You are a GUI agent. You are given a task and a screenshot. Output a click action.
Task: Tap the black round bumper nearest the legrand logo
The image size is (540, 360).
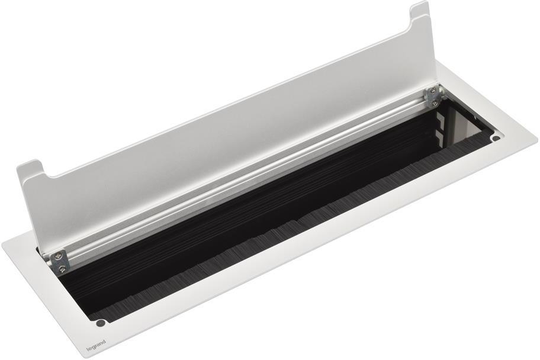[x=101, y=323]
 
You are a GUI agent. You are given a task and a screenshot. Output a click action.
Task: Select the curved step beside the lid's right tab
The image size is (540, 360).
[x=409, y=27]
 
